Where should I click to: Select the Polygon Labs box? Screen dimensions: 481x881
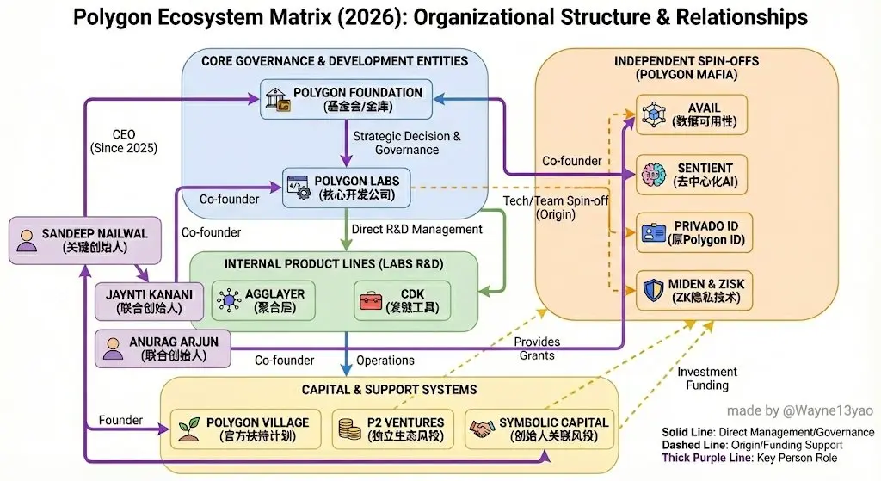click(x=347, y=188)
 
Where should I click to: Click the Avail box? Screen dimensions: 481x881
click(x=692, y=114)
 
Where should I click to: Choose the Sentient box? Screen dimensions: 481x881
click(x=692, y=175)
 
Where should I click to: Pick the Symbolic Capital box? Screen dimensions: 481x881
click(x=539, y=429)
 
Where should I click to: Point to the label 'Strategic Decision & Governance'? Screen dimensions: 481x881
click(x=407, y=143)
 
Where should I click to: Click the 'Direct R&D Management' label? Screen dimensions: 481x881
click(x=417, y=230)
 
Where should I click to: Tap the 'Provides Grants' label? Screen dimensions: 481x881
click(x=537, y=348)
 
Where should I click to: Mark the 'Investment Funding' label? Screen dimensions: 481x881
click(x=707, y=379)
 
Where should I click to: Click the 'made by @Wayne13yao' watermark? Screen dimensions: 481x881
click(x=799, y=410)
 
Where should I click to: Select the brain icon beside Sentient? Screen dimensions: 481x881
click(x=652, y=175)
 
